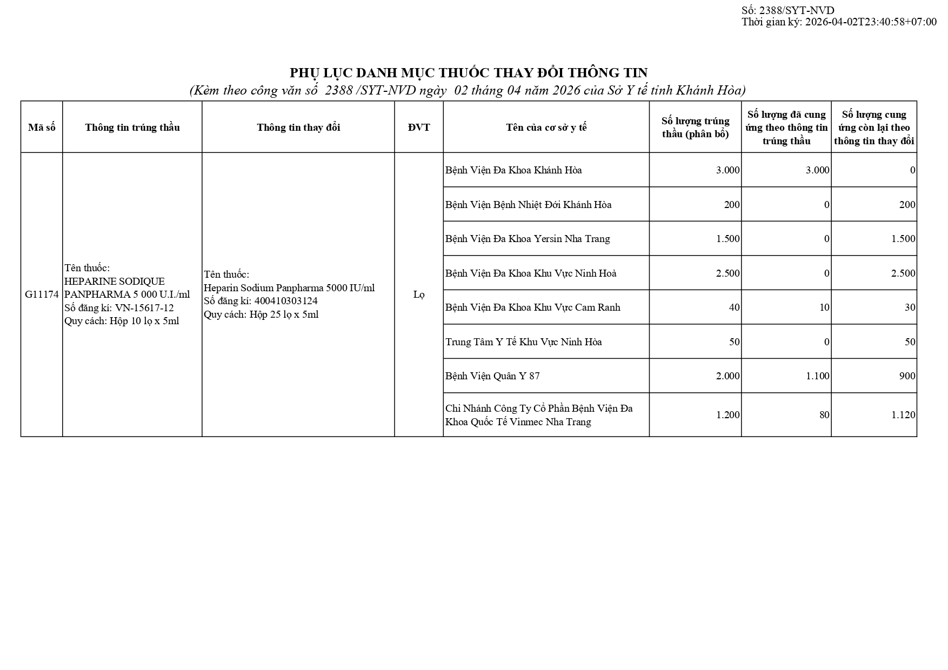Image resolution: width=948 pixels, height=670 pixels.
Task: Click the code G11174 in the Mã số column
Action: (42, 294)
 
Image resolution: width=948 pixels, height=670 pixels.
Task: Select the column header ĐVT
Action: (419, 128)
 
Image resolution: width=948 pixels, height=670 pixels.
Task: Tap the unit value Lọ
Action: (419, 294)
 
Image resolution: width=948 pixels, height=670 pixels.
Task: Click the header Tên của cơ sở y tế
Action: (546, 128)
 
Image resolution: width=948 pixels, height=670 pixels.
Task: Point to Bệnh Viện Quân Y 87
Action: (492, 376)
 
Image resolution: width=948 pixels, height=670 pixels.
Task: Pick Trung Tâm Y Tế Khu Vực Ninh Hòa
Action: (523, 342)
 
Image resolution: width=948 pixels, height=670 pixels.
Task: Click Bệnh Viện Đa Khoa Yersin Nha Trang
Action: (528, 239)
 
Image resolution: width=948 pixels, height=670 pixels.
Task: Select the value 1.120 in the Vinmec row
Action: (903, 415)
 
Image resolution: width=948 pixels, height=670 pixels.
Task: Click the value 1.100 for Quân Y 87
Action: (817, 376)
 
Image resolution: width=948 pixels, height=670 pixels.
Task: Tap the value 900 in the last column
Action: (907, 376)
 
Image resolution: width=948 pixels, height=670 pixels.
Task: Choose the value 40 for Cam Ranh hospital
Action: (734, 307)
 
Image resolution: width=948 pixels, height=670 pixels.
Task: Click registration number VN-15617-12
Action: (144, 308)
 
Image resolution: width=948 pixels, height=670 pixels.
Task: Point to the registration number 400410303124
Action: (286, 301)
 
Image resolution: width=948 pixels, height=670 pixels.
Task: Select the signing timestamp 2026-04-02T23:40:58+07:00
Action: (871, 22)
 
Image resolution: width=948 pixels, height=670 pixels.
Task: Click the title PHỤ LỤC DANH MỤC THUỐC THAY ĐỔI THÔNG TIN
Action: (469, 73)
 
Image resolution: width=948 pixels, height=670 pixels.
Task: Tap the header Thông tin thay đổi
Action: (298, 128)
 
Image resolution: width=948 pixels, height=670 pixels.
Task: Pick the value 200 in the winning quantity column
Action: (732, 205)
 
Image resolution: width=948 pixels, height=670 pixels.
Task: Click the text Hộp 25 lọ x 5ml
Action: (284, 314)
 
